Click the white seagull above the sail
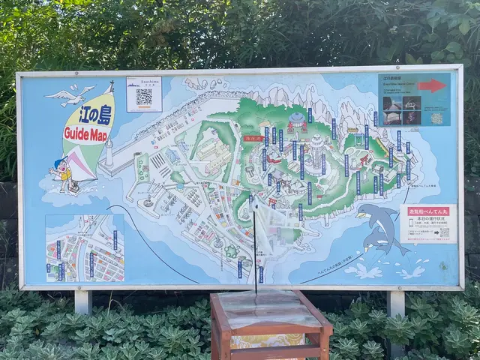pyautogui.click(x=69, y=94)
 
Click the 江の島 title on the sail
pyautogui.click(x=90, y=117)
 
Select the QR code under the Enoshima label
pyautogui.click(x=144, y=97)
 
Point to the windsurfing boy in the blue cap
pyautogui.click(x=62, y=174)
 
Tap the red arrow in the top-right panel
pyautogui.click(x=431, y=85)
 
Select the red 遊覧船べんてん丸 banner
pyautogui.click(x=427, y=211)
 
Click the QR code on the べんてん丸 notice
pyautogui.click(x=444, y=232)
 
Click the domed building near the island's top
pyautogui.click(x=297, y=121)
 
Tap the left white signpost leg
pyautogui.click(x=82, y=301)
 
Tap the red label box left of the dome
pyautogui.click(x=253, y=139)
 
